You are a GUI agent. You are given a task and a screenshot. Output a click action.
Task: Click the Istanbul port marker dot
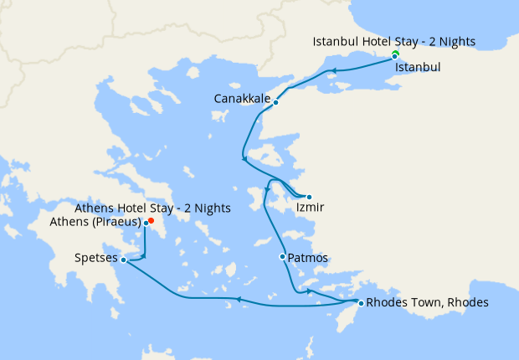(x=395, y=57)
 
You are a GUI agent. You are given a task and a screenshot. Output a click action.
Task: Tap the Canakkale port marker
(x=276, y=103)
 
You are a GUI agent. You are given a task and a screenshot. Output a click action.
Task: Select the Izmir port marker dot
(x=309, y=198)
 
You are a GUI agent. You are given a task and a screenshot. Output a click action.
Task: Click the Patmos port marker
(x=282, y=256)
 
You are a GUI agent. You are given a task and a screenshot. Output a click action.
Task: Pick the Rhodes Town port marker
(x=361, y=303)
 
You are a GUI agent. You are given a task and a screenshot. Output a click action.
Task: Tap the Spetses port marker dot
(x=123, y=260)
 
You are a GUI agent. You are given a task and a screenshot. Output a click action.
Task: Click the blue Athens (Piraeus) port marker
(x=146, y=224)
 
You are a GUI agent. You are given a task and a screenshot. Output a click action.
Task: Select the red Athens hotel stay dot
(x=150, y=220)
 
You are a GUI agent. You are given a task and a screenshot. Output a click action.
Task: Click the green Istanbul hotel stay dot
(x=395, y=54)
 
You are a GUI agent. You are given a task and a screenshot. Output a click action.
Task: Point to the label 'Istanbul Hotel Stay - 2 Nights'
(x=393, y=41)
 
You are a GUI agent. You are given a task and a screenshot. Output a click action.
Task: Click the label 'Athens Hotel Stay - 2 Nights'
(x=152, y=208)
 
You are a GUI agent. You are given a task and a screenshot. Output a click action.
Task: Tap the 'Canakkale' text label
(x=242, y=99)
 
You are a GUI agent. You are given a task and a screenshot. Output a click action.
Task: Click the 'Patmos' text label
(x=307, y=258)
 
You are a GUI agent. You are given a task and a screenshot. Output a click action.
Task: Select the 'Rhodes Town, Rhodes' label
(x=427, y=302)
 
